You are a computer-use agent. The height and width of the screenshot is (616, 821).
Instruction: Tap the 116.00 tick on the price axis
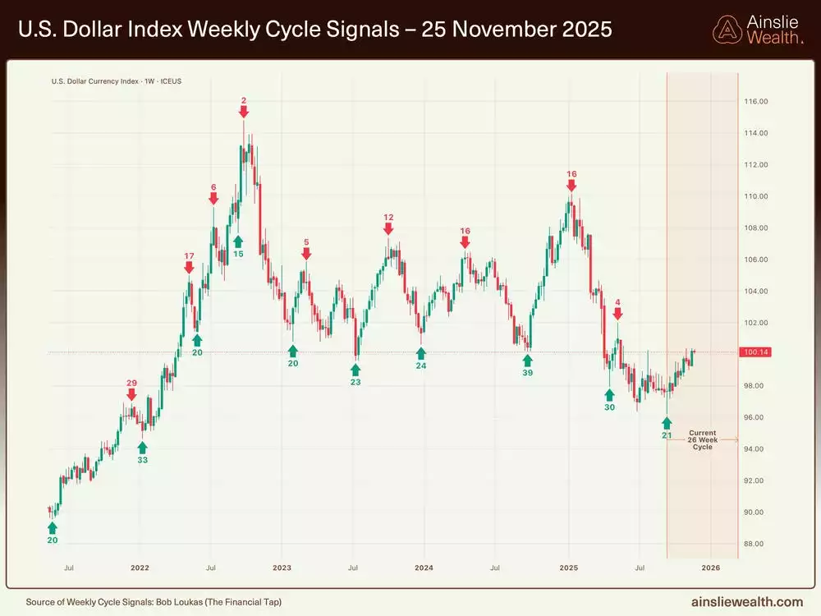pyautogui.click(x=754, y=102)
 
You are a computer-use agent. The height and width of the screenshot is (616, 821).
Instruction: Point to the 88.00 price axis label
pyautogui.click(x=754, y=544)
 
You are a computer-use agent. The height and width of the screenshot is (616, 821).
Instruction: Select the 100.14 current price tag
pyautogui.click(x=754, y=352)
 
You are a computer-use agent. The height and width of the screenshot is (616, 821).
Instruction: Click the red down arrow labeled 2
pyautogui.click(x=244, y=113)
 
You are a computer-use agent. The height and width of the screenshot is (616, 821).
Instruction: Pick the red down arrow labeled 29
pyautogui.click(x=132, y=396)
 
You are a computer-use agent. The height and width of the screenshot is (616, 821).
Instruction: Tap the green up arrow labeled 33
pyautogui.click(x=142, y=447)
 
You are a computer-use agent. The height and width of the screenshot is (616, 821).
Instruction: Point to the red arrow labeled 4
pyautogui.click(x=617, y=315)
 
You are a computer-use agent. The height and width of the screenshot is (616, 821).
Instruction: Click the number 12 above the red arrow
pyautogui.click(x=388, y=218)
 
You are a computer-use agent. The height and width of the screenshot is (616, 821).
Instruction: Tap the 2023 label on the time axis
pyautogui.click(x=282, y=568)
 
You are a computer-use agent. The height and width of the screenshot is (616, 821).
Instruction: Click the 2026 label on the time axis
pyautogui.click(x=710, y=568)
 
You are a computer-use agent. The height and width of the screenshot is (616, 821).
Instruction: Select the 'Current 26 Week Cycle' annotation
pyautogui.click(x=702, y=439)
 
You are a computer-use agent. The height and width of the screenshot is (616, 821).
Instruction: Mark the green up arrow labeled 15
pyautogui.click(x=238, y=241)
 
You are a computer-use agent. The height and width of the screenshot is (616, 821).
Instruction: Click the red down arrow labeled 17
pyautogui.click(x=189, y=268)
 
